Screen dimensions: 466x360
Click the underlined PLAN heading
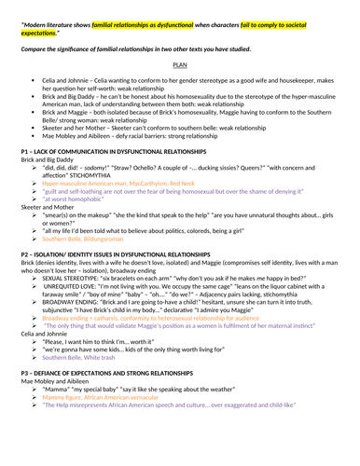(181, 66)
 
